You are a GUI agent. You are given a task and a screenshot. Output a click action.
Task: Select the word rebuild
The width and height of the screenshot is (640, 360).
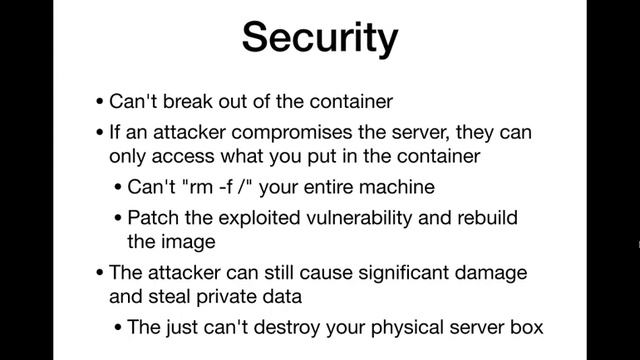point(486,217)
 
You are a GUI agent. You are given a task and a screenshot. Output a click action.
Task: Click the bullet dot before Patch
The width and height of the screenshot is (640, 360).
point(120,218)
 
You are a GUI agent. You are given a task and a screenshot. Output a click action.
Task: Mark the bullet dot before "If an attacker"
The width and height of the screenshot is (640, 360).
point(100,132)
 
